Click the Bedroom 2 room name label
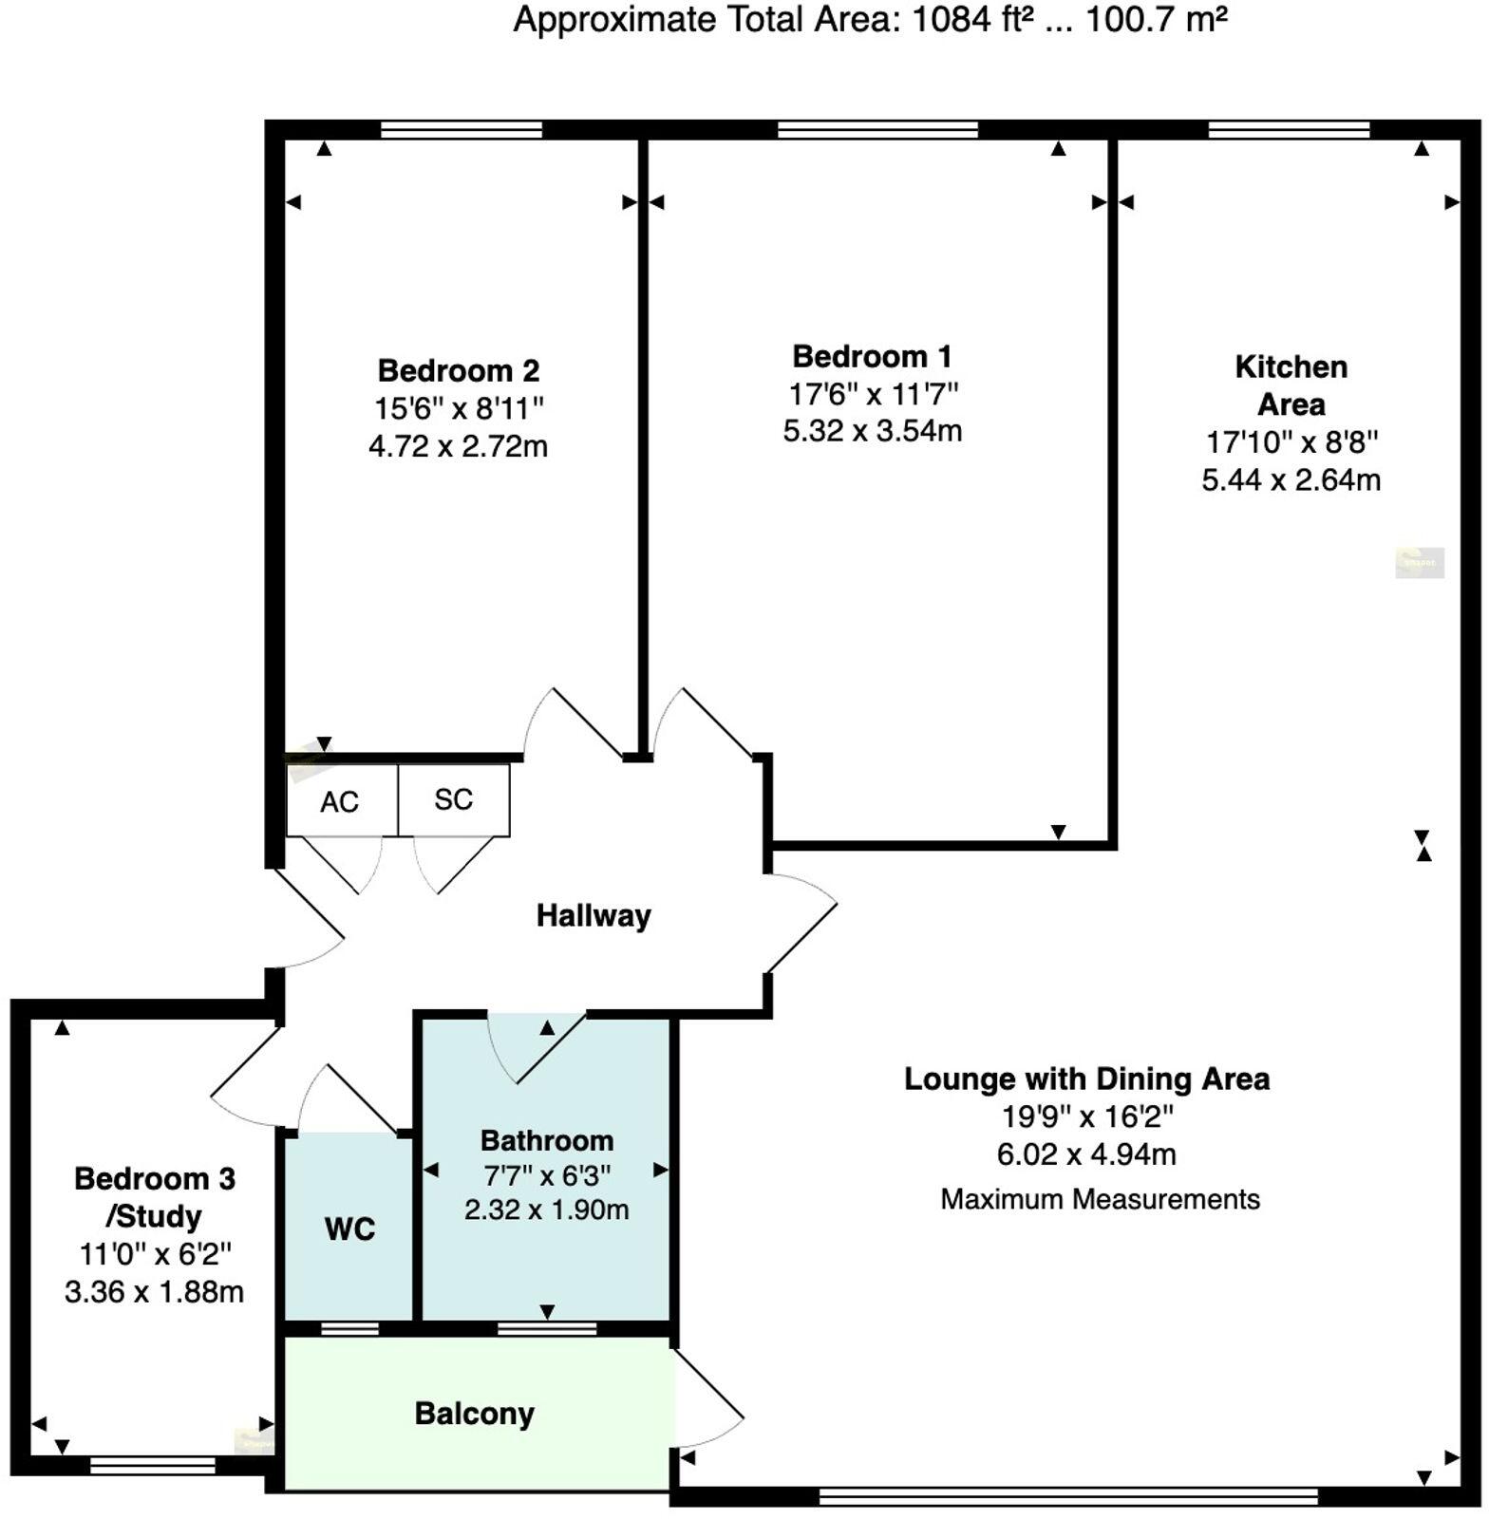(x=459, y=370)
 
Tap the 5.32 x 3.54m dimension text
(x=872, y=431)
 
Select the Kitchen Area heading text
(x=1291, y=385)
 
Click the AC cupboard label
(x=339, y=802)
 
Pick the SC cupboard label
(x=453, y=799)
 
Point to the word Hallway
(x=594, y=915)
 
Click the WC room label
(x=349, y=1229)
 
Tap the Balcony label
(x=474, y=1414)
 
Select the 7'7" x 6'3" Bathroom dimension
(x=546, y=1175)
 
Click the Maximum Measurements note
(x=1100, y=1199)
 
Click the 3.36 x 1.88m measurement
(x=154, y=1292)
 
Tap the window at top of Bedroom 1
(x=877, y=130)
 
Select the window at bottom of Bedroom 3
(x=152, y=1466)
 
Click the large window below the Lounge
(x=1068, y=1497)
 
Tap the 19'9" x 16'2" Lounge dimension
(x=1086, y=1116)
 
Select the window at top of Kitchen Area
(x=1289, y=130)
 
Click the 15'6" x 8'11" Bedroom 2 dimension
(x=459, y=408)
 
